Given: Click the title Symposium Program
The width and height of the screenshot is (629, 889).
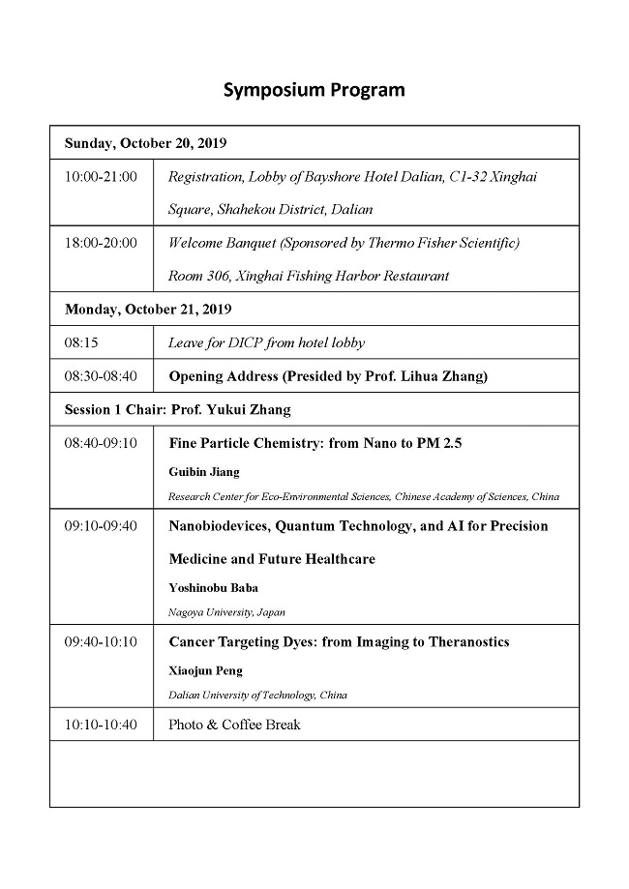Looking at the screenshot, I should coord(314,90).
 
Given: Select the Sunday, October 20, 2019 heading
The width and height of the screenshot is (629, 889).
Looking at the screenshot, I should coord(145,143).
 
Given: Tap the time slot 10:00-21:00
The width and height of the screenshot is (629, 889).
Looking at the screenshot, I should coord(101,176).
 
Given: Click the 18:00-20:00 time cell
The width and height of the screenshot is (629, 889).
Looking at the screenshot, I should coord(101,243).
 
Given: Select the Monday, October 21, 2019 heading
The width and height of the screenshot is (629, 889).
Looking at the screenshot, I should coord(148,310).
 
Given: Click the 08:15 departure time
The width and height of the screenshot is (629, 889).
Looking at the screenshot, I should coord(81,342).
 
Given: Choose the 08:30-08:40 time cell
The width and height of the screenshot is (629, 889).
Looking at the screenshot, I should coord(101,376).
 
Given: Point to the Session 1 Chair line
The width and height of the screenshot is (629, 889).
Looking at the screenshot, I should coord(177,409).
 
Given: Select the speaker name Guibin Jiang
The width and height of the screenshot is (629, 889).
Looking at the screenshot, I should coord(205,472).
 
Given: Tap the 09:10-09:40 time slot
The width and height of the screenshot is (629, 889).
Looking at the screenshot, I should coord(101,526).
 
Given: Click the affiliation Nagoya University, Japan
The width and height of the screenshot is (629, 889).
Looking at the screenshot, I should coord(226,611).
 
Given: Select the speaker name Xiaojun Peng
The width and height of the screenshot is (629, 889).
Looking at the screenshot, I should coord(205,670).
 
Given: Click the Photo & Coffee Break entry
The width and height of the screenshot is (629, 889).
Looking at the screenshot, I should coord(234,725).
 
